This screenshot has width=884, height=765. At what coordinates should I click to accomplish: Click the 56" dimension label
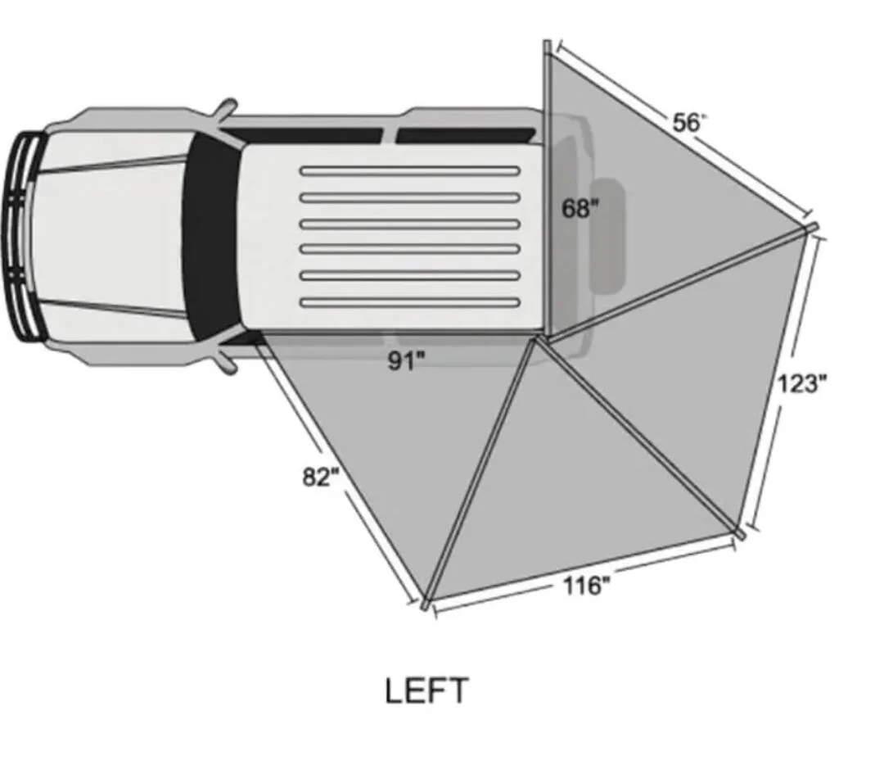689,122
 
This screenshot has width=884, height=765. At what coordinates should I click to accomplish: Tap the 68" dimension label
580,209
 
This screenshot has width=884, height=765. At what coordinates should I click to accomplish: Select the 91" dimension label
406,361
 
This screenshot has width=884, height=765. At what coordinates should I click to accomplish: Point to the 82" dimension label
321,478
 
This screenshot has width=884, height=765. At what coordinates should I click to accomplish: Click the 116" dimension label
587,586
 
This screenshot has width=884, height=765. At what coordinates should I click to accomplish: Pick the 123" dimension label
802,383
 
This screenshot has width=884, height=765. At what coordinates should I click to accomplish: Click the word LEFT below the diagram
426,690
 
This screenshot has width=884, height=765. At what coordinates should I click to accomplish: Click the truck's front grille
23,237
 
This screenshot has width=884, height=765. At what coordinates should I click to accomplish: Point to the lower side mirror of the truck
227,361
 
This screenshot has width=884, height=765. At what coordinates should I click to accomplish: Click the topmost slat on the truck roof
410,170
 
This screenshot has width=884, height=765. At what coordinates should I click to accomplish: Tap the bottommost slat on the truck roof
410,303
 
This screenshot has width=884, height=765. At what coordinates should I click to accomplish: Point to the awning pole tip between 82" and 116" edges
426,604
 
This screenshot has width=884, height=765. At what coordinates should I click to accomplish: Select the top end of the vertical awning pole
547,43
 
